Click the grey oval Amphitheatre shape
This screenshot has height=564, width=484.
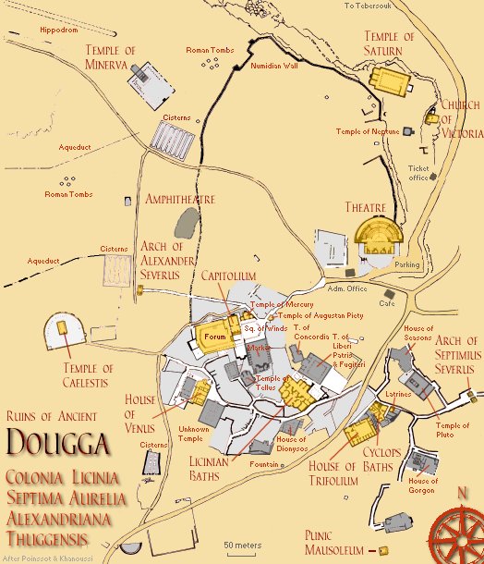188,223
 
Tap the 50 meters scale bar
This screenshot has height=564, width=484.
243,546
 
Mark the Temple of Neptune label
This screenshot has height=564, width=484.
369,132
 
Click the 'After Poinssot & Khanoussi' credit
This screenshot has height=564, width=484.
42,558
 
